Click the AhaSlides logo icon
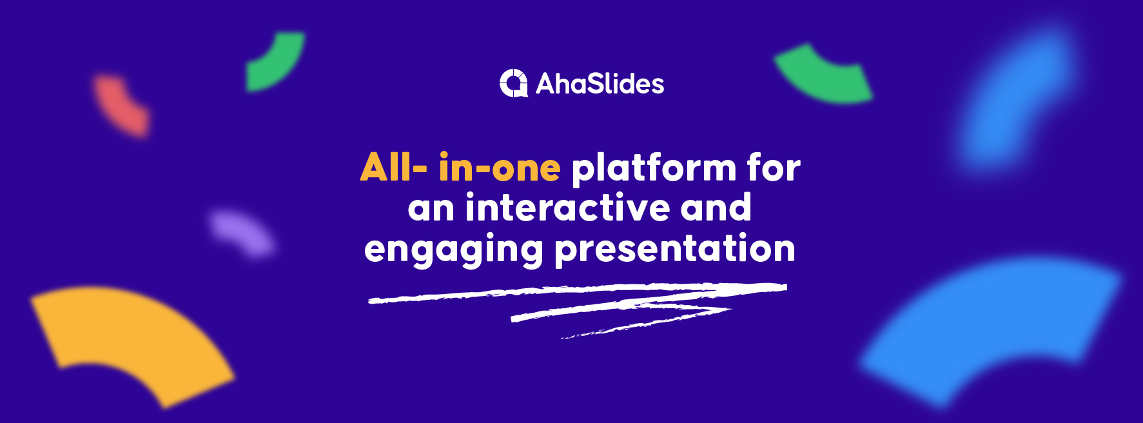click(x=514, y=83)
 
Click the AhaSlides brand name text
click(x=600, y=84)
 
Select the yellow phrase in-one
click(x=500, y=168)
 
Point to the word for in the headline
click(x=774, y=168)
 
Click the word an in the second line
click(x=431, y=208)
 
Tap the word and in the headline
click(x=716, y=208)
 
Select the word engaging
click(x=453, y=250)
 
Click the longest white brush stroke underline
click(x=577, y=292)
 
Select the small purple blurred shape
click(x=242, y=233)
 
